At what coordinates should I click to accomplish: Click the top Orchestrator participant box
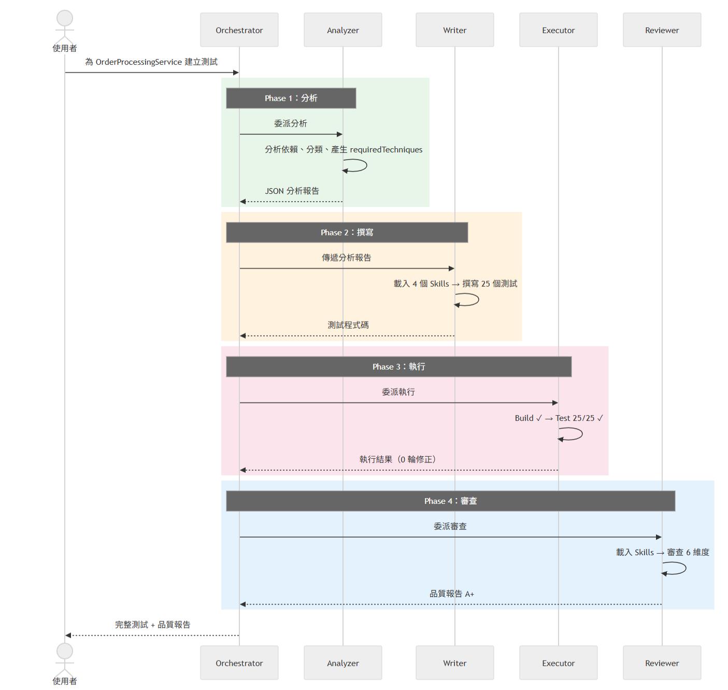[239, 30]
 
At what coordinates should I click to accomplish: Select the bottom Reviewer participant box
[662, 663]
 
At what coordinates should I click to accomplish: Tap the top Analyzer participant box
[342, 30]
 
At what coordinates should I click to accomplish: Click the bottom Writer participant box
[454, 663]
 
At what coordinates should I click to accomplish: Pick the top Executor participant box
[558, 30]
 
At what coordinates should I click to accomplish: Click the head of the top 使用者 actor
[65, 18]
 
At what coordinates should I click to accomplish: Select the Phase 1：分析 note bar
[291, 98]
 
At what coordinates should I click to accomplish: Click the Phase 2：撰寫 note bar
[347, 232]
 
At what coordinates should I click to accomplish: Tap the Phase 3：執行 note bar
[398, 367]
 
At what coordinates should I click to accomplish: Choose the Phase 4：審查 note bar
[450, 501]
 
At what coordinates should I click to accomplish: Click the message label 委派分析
[290, 123]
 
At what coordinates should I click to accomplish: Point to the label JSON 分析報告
[292, 191]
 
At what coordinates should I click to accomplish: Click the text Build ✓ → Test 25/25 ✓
[559, 418]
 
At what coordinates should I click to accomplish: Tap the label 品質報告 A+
[451, 594]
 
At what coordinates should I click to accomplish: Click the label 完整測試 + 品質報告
[152, 625]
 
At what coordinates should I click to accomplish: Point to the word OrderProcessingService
[138, 62]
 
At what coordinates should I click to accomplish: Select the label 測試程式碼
[348, 325]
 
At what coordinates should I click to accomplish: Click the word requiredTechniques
[386, 150]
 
